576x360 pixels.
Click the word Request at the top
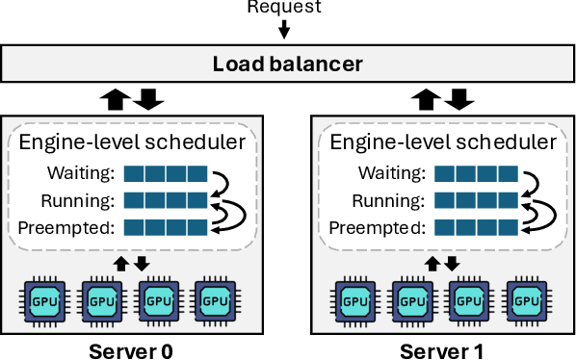coord(284,7)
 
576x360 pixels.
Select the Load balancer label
coord(287,64)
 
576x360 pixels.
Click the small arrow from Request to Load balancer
coord(284,29)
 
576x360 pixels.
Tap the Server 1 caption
coord(444,348)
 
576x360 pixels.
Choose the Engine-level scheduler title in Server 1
coord(444,142)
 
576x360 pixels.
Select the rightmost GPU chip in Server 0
coord(216,299)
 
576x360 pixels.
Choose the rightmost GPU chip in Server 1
coord(529,299)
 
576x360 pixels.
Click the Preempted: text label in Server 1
coord(376,228)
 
